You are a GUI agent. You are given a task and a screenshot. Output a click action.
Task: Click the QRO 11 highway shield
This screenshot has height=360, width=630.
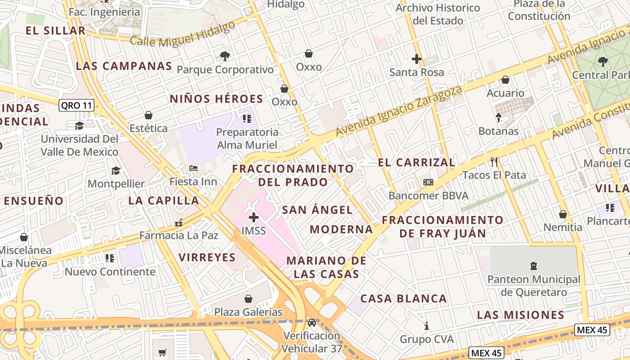coord(76,106)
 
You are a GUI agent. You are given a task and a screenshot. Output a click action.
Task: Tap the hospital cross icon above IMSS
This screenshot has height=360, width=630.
coord(254,218)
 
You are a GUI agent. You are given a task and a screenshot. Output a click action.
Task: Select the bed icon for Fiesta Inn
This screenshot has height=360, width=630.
coord(193,169)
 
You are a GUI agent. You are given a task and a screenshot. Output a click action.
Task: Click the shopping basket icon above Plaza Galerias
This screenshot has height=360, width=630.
coord(248,299)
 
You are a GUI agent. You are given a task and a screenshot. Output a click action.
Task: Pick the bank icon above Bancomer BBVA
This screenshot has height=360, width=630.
coord(428,182)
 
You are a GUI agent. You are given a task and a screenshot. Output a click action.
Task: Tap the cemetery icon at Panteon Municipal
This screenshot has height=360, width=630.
coord(534,266)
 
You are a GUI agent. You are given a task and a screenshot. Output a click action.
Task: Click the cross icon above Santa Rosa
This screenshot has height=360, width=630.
coord(417,59)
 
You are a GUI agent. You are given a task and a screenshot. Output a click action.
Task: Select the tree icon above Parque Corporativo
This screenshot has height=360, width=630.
coord(225,56)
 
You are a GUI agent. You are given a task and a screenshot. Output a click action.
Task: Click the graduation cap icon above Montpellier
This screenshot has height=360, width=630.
coord(116,171)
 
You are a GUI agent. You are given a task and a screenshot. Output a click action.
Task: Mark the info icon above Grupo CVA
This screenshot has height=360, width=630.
coord(427,326)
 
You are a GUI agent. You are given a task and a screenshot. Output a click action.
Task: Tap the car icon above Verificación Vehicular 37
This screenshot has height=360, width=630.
coord(311,323)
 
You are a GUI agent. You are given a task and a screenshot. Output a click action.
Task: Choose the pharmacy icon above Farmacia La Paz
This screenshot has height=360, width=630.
coord(179,222)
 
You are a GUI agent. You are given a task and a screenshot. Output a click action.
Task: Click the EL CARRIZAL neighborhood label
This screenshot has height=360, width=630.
coord(416,162)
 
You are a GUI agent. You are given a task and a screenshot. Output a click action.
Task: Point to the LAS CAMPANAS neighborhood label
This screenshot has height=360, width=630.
coord(124,66)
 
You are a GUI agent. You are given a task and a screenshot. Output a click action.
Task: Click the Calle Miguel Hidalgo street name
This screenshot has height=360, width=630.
coord(183,34)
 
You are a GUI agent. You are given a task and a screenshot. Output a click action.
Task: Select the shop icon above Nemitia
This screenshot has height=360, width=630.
coord(562,214)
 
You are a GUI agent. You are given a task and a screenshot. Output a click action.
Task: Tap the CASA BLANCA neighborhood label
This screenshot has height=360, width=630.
coord(403,298)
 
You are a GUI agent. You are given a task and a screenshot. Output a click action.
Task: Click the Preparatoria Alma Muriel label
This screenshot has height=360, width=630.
coord(247,139)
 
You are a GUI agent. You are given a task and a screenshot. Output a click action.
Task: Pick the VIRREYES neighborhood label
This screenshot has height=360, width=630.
coord(207,257)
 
